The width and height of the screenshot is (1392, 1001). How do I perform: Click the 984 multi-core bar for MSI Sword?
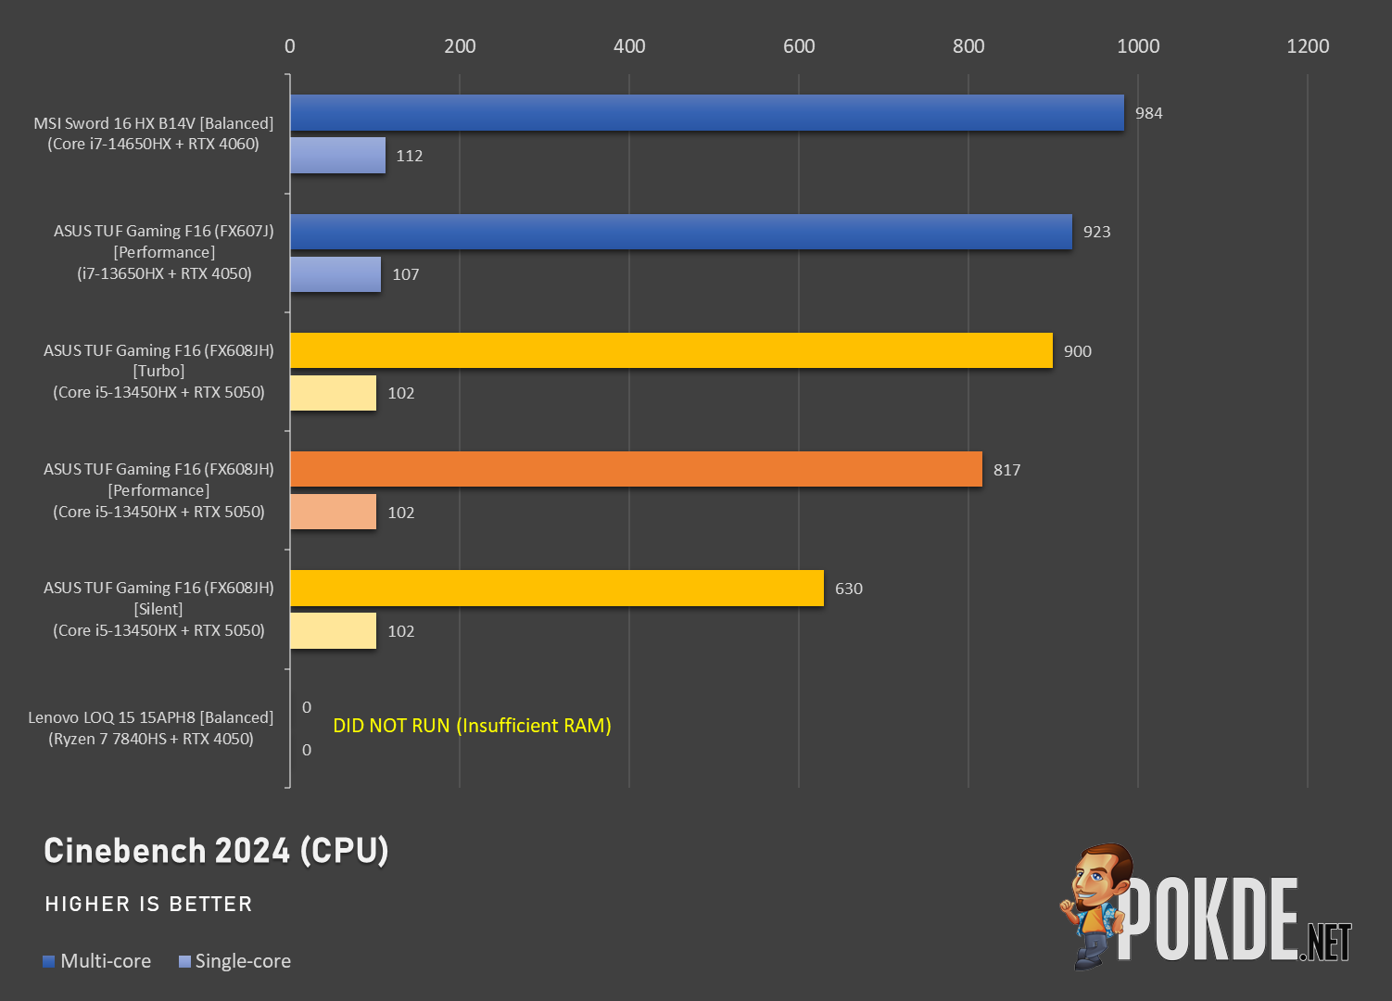click(x=706, y=112)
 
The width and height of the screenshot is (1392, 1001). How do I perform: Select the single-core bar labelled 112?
click(x=337, y=156)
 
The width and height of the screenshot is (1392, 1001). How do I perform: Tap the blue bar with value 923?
click(x=681, y=232)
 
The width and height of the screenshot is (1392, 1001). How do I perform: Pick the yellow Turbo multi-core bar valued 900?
click(x=671, y=350)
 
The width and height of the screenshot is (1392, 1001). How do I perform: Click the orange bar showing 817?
click(x=637, y=469)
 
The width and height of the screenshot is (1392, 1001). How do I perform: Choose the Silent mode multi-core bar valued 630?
click(x=557, y=588)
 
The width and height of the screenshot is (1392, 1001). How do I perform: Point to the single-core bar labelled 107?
click(x=335, y=274)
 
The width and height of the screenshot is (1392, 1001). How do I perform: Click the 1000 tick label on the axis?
click(x=1138, y=46)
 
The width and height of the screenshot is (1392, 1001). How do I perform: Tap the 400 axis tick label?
click(x=629, y=46)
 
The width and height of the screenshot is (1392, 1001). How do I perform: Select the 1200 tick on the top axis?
click(x=1308, y=46)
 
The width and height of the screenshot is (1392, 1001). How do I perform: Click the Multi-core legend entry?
click(x=97, y=960)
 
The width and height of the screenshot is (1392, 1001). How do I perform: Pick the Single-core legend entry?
click(x=234, y=960)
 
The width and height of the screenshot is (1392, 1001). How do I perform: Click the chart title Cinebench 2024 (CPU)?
click(x=216, y=851)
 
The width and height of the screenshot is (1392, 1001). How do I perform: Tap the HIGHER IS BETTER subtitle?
click(x=148, y=904)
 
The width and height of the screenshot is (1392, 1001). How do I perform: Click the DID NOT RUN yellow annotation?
click(x=472, y=726)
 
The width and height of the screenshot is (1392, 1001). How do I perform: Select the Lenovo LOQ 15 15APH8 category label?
click(x=150, y=728)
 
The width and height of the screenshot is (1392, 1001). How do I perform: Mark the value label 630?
click(x=848, y=589)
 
